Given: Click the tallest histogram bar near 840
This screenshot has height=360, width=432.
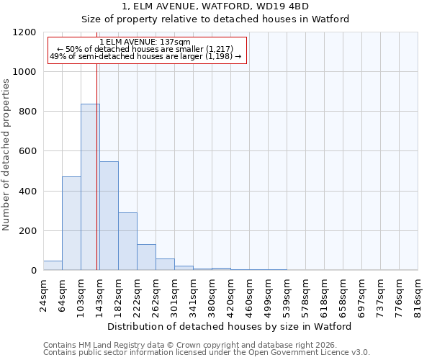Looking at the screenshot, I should pyautogui.click(x=90, y=187).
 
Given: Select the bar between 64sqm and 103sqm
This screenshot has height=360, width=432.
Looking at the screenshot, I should pyautogui.click(x=71, y=223).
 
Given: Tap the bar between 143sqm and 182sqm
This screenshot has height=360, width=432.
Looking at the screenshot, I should pyautogui.click(x=109, y=216).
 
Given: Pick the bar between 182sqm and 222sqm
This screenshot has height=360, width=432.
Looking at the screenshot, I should pyautogui.click(x=127, y=242).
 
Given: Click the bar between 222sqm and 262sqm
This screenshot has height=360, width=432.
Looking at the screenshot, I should pyautogui.click(x=146, y=258).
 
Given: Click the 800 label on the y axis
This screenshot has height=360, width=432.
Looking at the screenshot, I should pyautogui.click(x=29, y=112).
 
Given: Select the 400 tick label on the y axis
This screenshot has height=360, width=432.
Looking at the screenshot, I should pyautogui.click(x=29, y=192).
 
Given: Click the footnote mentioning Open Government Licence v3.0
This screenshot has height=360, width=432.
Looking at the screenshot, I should pyautogui.click(x=206, y=353).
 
